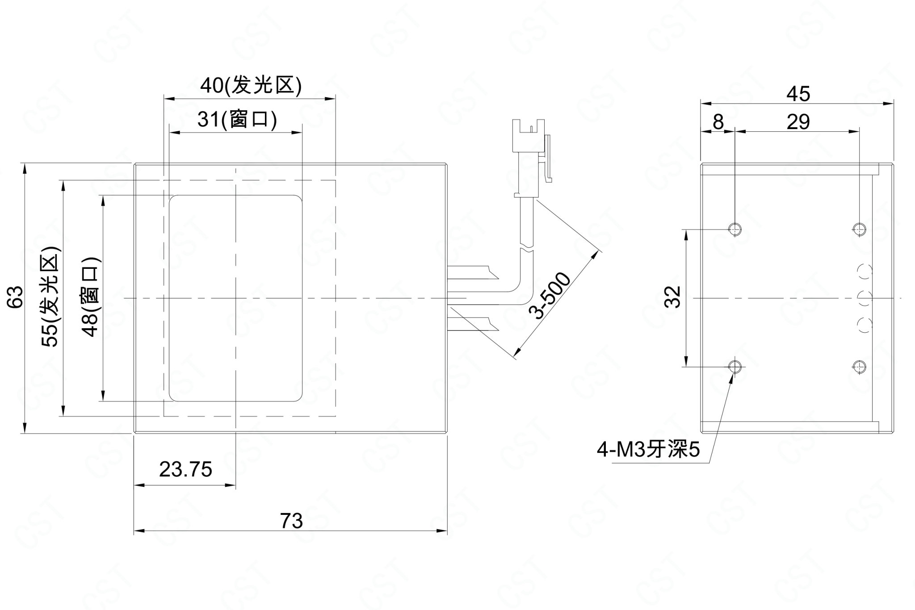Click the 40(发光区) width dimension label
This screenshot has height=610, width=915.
point(251,85)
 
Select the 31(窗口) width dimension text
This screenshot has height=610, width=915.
point(237,119)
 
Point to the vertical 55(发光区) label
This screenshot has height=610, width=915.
point(50,297)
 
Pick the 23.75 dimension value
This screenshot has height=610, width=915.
point(185,470)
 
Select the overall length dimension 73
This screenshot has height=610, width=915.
point(291,521)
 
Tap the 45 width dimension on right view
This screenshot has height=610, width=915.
point(798,94)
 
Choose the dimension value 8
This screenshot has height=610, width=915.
point(718,121)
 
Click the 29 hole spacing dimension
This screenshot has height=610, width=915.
point(798,121)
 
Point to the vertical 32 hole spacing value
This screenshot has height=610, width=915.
point(673,297)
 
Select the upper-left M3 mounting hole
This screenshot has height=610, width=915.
point(735,230)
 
